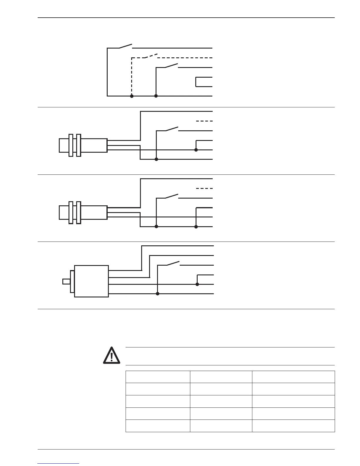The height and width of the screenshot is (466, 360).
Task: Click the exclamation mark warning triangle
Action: point(111,355)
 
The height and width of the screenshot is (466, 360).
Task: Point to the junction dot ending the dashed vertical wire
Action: point(132,96)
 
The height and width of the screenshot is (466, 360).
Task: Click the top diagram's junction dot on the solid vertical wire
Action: point(156,96)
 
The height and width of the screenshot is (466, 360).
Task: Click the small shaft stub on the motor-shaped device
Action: point(66,282)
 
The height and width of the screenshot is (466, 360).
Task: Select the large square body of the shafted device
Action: point(91,281)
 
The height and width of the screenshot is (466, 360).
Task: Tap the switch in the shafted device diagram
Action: point(173,263)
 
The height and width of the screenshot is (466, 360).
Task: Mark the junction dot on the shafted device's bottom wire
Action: point(158,294)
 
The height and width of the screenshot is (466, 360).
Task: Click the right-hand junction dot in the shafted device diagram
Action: point(197,284)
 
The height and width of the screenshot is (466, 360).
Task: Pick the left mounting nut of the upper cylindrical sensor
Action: point(71,145)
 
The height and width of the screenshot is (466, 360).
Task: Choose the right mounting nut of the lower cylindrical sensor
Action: point(79,212)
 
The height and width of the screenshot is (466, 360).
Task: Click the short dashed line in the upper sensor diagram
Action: point(204,121)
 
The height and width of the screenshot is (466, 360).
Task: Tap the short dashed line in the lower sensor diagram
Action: point(204,188)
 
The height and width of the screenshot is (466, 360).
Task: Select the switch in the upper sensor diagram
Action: point(172,129)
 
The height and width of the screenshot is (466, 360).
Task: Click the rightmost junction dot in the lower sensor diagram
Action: point(196,227)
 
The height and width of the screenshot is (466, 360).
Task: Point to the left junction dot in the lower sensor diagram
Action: point(156,227)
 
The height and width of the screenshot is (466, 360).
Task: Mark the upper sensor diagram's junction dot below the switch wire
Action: point(156,159)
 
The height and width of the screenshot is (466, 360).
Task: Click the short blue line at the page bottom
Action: point(59,463)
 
